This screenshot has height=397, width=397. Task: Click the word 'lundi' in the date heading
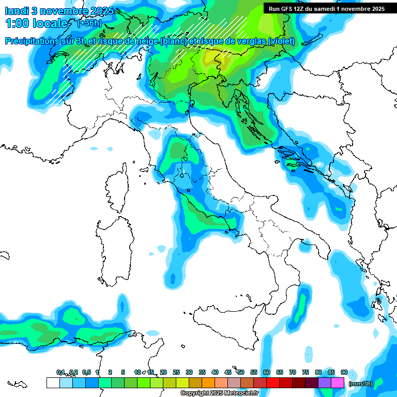tap(17, 11)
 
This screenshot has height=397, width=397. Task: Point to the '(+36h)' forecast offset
tap(90, 23)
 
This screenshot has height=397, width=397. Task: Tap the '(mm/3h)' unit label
tap(360, 383)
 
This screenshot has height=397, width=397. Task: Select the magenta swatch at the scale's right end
tap(338, 383)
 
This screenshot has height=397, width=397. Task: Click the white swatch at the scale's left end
tap(53, 383)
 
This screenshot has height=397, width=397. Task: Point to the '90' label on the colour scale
tap(344, 372)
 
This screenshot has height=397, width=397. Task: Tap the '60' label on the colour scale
tap(266, 372)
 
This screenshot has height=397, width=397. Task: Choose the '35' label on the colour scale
tap(202, 372)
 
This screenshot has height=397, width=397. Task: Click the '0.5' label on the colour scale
tap(86, 372)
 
